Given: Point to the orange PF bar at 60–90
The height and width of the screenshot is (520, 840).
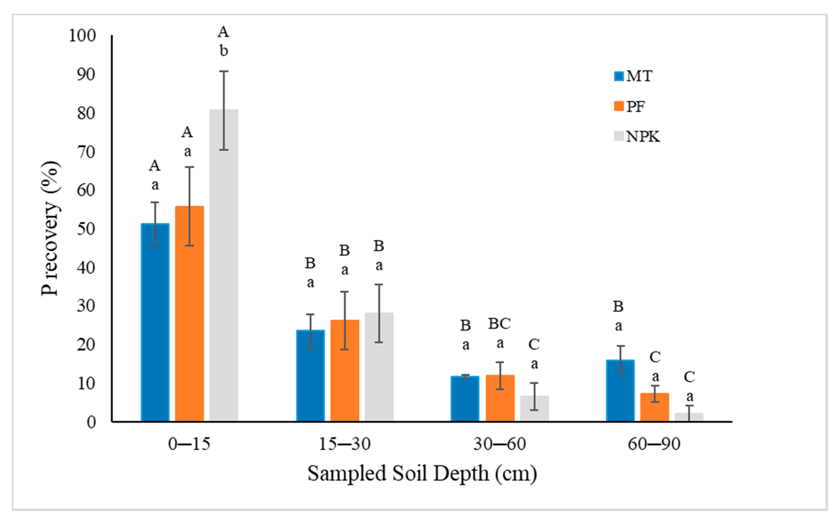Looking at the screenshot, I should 654,407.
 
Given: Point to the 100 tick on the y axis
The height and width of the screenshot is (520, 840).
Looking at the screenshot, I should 82,36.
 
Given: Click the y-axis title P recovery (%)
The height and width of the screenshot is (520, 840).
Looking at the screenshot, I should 50,229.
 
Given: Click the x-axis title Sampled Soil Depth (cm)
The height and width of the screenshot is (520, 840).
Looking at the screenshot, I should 422,473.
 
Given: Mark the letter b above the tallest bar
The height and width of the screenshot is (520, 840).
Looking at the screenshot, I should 224,51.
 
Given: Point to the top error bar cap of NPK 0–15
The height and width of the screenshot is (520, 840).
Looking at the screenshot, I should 224,71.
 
